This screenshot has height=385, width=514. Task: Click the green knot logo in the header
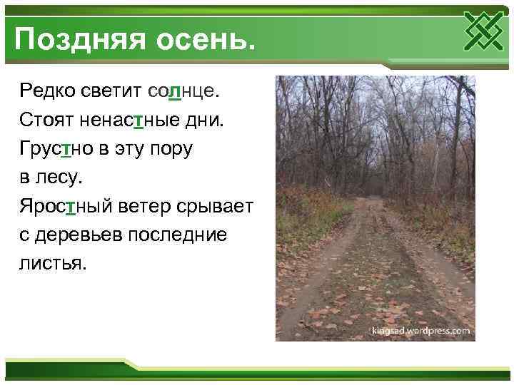pyautogui.click(x=485, y=33)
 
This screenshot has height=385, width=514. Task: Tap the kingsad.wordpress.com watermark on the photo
pyautogui.click(x=420, y=331)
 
